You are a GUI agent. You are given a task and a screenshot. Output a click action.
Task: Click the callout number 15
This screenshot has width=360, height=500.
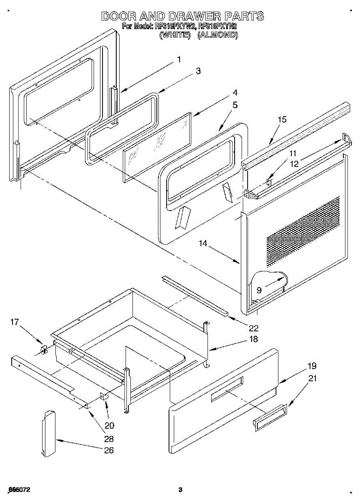[x=282, y=120]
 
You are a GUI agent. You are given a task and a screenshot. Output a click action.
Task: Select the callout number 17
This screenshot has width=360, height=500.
[x=15, y=322]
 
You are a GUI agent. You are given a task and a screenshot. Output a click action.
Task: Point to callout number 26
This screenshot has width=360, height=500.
[x=108, y=450]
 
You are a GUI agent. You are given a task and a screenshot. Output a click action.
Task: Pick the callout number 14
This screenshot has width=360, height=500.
[x=203, y=244]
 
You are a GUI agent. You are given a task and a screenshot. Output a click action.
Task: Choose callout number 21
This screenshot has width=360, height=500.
[x=312, y=378]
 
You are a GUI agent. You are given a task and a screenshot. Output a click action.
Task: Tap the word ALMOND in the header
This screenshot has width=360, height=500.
[x=217, y=35]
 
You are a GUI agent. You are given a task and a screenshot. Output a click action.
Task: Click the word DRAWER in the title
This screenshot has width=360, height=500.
[x=193, y=17]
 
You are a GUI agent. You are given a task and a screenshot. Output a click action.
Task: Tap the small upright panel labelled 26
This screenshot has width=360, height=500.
[x=48, y=433]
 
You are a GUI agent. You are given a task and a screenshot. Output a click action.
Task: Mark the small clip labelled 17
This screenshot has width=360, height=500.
[x=43, y=349]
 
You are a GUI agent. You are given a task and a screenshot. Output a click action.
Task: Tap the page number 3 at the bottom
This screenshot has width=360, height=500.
[x=180, y=490]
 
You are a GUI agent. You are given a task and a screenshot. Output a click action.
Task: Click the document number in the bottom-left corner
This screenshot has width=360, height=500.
[x=18, y=490]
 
